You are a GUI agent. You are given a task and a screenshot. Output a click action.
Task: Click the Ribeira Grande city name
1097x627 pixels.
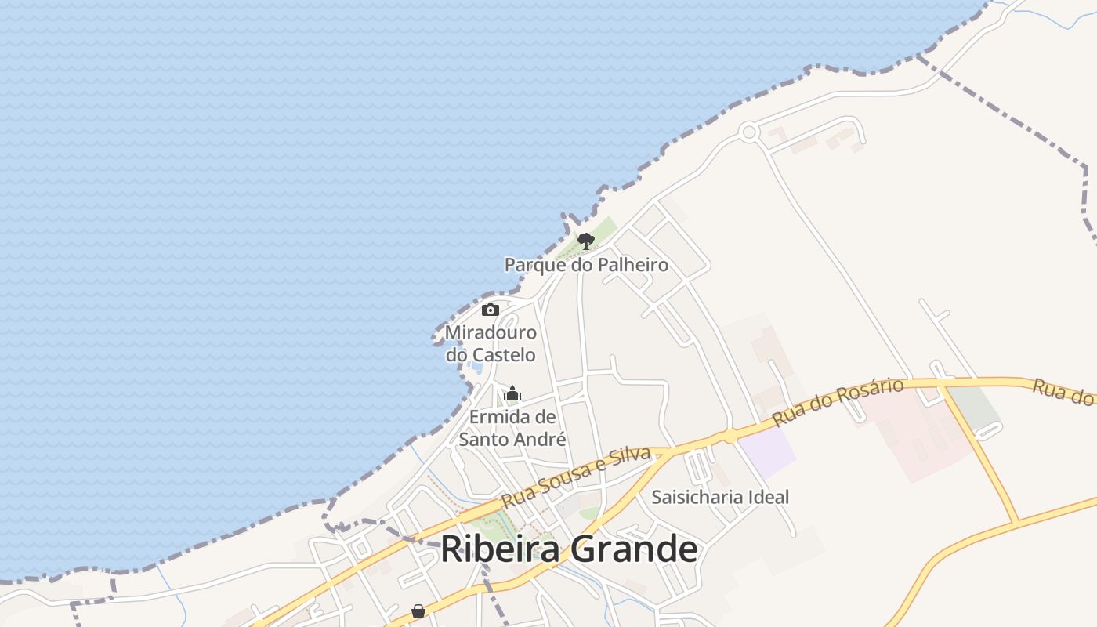click(x=569, y=549)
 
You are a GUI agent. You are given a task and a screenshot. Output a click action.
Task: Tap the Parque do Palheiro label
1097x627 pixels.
click(x=586, y=265)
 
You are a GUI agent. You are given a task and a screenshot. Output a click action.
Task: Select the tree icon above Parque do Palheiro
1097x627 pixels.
click(x=585, y=241)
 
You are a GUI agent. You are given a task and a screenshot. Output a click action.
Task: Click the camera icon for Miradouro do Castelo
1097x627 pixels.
click(x=491, y=310)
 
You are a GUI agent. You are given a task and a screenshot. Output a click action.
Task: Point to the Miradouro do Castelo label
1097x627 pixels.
click(x=491, y=343)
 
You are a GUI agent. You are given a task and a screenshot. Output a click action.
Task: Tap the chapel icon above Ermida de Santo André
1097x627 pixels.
click(x=512, y=393)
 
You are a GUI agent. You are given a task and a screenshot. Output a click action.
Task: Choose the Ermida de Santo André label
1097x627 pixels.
click(x=512, y=428)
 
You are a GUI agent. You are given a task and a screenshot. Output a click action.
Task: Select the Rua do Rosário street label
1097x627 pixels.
click(x=838, y=402)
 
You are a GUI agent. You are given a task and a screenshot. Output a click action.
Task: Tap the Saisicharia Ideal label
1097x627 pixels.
click(x=720, y=497)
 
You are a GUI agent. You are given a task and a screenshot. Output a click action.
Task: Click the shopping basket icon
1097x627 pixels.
click(x=418, y=611)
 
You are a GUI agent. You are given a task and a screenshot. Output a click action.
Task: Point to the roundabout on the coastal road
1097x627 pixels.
click(x=749, y=132)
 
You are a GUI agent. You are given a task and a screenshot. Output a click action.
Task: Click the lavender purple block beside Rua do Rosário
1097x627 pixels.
click(x=766, y=453)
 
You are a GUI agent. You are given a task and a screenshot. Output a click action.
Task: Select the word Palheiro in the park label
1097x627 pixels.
click(x=633, y=265)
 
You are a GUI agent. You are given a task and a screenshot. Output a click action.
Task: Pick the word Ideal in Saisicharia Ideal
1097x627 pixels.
click(x=768, y=497)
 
